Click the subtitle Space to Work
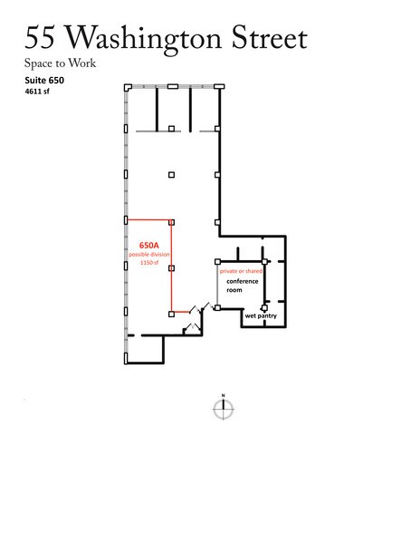(60, 63)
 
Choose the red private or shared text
(244, 271)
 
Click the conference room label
(243, 286)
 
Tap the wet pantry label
(261, 317)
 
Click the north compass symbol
(222, 409)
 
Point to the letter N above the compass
(222, 396)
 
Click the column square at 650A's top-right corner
(171, 221)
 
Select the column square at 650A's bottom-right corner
(171, 314)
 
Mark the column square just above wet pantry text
(263, 308)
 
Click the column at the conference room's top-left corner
(217, 261)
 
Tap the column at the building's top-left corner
(127, 87)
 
